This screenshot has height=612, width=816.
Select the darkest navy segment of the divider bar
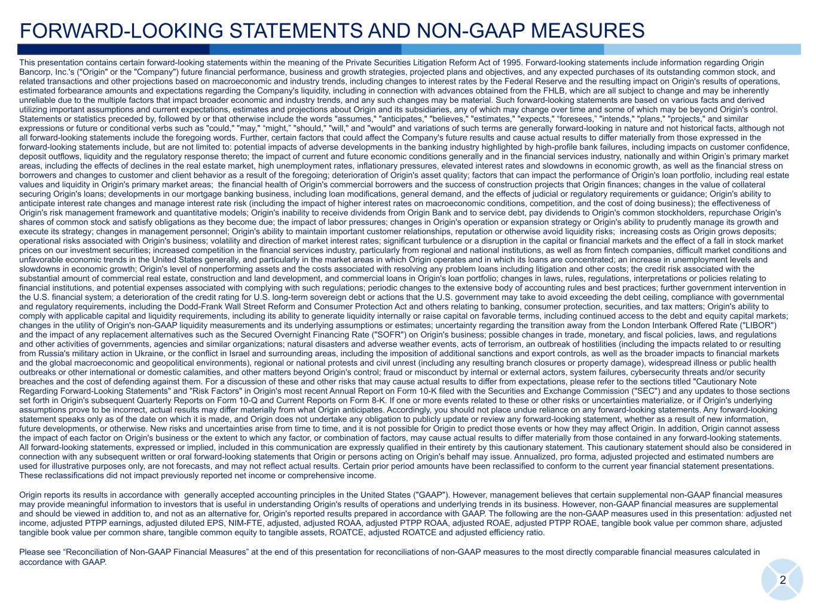(x=114, y=50)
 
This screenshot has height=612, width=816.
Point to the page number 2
(x=783, y=581)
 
